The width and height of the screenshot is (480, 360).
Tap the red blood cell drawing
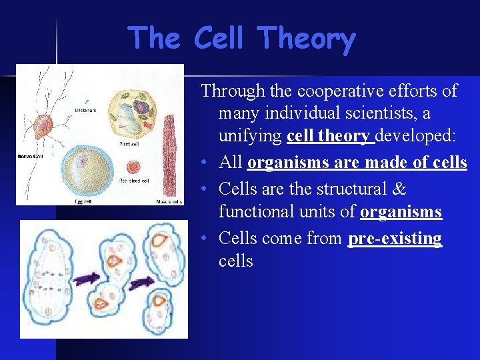point(133,167)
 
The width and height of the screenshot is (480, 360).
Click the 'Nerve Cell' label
point(29,157)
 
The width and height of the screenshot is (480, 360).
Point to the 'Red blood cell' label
point(133,181)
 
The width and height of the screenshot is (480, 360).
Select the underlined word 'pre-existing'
point(395,238)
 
